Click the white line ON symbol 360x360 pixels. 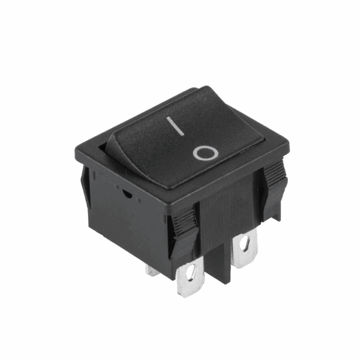[x=175, y=126]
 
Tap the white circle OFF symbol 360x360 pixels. [x=205, y=153]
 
